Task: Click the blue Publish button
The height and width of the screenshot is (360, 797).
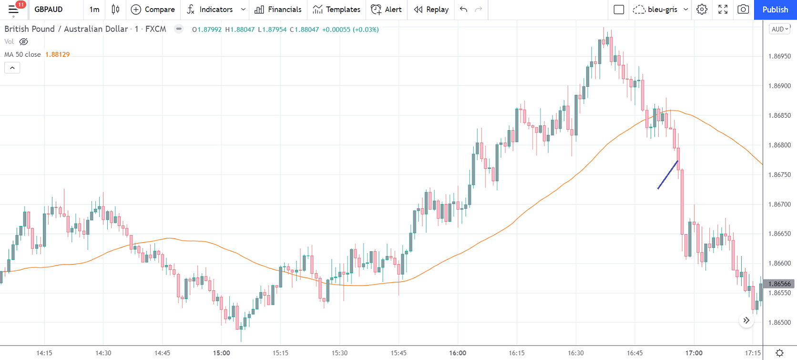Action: point(775,10)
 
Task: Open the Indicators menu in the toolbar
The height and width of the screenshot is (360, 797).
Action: point(210,10)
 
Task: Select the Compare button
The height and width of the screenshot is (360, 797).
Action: point(153,10)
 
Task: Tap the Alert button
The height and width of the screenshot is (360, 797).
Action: point(386,10)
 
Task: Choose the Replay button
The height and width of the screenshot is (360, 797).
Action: point(431,10)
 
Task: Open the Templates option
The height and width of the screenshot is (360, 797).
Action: point(337,10)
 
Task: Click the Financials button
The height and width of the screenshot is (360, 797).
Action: point(278,10)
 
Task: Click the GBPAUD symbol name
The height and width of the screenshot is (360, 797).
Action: point(49,10)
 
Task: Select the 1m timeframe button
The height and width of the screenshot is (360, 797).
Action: point(94,10)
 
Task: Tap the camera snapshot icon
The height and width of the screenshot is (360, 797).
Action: point(743,10)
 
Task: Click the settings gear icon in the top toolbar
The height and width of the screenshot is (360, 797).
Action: point(702,10)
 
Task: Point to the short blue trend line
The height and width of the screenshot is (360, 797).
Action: point(668,175)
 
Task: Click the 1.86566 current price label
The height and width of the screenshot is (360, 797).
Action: point(779,284)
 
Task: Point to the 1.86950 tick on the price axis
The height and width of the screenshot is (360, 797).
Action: point(779,56)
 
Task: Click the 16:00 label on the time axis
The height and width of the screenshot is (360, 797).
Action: point(458,353)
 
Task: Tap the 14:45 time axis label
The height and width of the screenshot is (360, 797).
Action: point(162,353)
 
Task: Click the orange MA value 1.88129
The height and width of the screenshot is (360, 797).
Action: point(57,54)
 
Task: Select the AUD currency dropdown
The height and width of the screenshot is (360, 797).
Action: point(779,29)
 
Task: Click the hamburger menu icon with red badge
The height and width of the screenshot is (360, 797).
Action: point(13,10)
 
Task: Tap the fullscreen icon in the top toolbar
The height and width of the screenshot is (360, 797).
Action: point(723,10)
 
